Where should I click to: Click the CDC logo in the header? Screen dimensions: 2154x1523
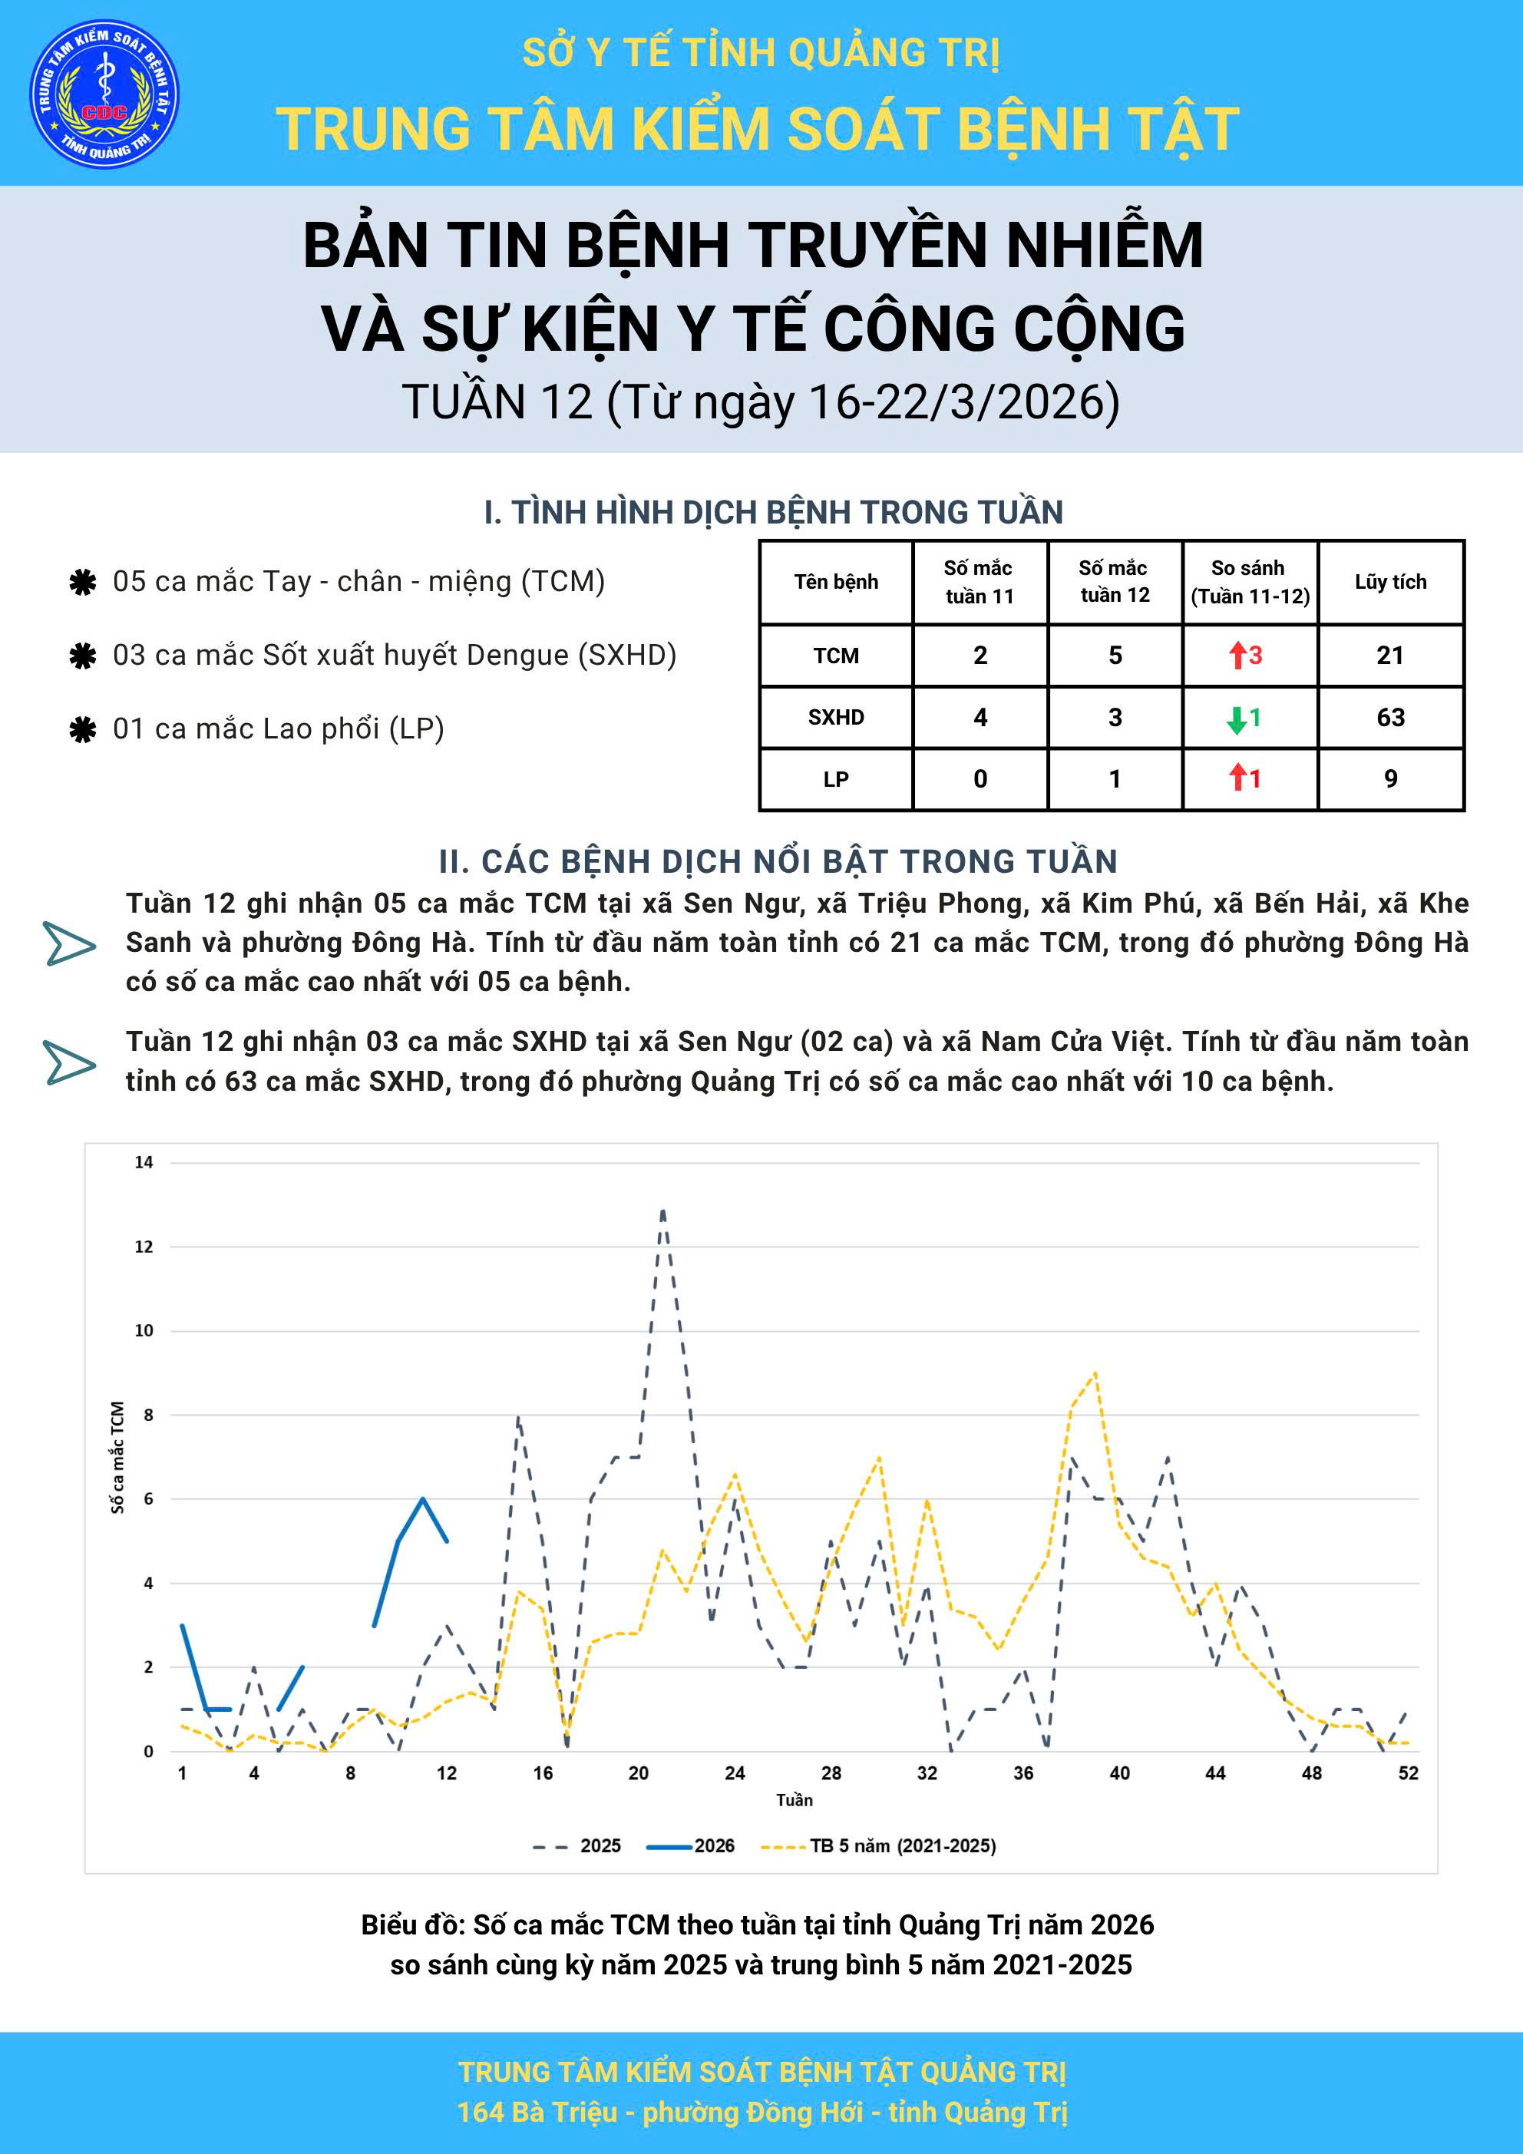(x=104, y=94)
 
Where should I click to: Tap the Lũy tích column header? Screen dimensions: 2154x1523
(x=1389, y=582)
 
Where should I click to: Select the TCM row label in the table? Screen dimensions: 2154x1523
(x=835, y=656)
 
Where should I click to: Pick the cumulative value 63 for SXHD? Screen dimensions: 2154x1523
(x=1389, y=718)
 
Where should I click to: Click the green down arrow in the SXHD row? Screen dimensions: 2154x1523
(x=1237, y=719)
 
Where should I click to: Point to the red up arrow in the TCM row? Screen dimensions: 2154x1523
(x=1237, y=655)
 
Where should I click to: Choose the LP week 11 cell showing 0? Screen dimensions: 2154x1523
(x=980, y=778)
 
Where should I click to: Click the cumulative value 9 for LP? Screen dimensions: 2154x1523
(x=1389, y=778)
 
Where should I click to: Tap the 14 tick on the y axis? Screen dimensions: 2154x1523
(x=144, y=1162)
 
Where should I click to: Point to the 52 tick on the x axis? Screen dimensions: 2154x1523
(x=1408, y=1773)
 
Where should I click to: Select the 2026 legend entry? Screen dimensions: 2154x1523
(x=692, y=1846)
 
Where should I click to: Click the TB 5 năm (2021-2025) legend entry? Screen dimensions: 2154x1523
(x=879, y=1846)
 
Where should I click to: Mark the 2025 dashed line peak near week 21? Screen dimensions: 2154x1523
(x=663, y=1211)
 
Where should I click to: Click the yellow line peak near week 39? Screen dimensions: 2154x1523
(x=1095, y=1373)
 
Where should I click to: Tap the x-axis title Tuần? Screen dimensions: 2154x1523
(x=794, y=1800)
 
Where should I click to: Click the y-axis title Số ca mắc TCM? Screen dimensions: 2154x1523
(x=117, y=1457)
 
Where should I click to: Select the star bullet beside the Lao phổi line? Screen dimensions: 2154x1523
(x=83, y=730)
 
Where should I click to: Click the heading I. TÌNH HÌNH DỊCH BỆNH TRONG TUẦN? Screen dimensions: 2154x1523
(x=773, y=512)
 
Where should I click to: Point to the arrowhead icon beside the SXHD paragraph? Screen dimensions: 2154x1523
(x=69, y=1064)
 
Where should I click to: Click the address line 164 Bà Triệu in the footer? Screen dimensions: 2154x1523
(x=761, y=2112)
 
